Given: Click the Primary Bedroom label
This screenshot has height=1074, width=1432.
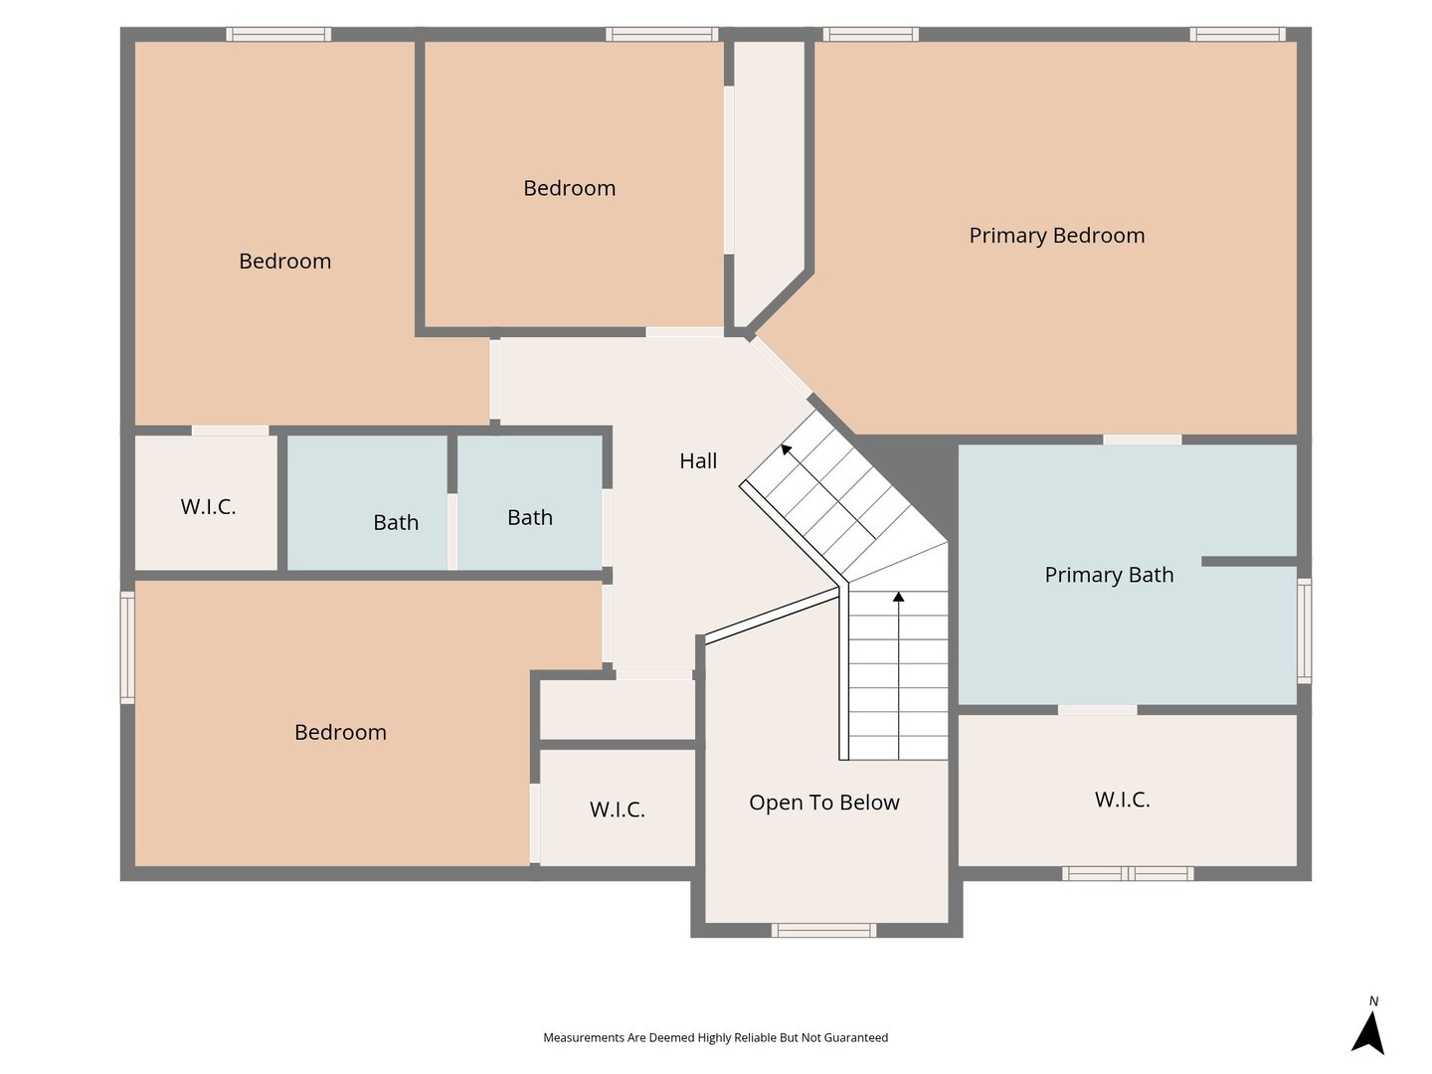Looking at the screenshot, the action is (1056, 236).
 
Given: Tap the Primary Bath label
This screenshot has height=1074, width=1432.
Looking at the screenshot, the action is (1109, 575).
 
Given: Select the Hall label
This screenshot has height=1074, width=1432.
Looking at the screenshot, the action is (698, 461).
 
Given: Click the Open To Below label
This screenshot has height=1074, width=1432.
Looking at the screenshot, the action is (824, 803).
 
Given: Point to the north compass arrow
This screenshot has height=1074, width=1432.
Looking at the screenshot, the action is (1367, 1031).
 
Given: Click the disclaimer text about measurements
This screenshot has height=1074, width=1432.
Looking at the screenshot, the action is (715, 1037).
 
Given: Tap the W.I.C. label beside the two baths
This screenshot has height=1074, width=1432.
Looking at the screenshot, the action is (208, 507).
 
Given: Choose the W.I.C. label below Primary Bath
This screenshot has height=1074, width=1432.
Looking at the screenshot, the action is (1122, 800).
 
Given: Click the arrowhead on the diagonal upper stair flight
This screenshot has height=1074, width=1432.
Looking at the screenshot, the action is (787, 448).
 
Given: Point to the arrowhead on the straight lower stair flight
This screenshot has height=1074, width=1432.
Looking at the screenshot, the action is (898, 597).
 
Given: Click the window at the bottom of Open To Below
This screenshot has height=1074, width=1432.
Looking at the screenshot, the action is (824, 931).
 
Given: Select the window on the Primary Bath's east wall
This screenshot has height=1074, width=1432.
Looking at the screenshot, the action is (1304, 630).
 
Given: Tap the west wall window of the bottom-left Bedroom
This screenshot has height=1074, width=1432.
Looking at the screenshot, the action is (128, 647).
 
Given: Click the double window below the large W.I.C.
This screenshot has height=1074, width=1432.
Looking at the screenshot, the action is (1128, 874).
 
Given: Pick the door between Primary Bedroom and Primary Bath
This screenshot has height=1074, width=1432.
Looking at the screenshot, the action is (1143, 440).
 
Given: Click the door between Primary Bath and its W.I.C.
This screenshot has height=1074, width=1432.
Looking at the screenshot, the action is (1097, 710).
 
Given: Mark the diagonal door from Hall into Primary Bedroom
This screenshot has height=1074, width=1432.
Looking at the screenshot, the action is (780, 367).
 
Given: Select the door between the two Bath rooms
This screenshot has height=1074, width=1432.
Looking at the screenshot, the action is (452, 531).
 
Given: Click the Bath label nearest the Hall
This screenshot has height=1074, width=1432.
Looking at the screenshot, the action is (530, 518).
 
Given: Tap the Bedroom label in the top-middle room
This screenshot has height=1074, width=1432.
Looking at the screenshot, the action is (569, 189).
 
